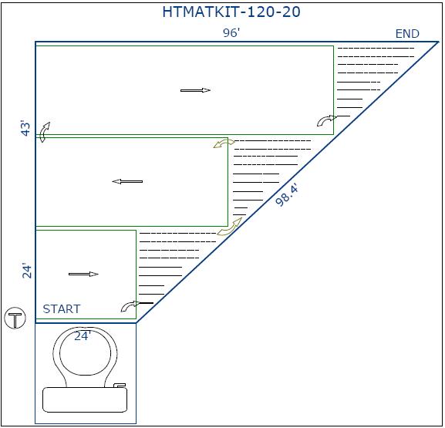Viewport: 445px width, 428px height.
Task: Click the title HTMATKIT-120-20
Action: (x=231, y=12)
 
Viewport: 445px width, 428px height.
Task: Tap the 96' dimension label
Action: (x=231, y=33)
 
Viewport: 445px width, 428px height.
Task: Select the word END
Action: (x=407, y=34)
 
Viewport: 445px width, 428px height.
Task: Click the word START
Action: (x=62, y=308)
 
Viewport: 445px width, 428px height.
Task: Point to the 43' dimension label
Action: (x=26, y=129)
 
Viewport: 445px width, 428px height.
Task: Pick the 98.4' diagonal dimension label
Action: (x=287, y=195)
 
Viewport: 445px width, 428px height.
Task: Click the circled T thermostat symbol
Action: (x=15, y=318)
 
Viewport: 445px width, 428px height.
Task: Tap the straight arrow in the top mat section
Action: (x=196, y=90)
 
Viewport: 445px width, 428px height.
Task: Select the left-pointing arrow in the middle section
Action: (x=127, y=182)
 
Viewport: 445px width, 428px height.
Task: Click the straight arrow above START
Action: (x=83, y=275)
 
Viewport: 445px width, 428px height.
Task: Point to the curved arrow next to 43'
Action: (x=44, y=132)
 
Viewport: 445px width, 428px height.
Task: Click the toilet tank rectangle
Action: (x=85, y=400)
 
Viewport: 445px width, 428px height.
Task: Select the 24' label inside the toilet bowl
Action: (x=83, y=336)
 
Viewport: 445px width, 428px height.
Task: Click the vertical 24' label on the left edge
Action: (x=27, y=271)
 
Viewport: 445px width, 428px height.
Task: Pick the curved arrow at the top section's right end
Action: (x=326, y=120)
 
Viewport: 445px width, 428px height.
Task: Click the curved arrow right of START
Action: (x=130, y=306)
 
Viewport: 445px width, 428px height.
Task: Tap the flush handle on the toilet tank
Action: (x=120, y=386)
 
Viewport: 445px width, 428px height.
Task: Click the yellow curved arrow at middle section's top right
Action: (x=224, y=143)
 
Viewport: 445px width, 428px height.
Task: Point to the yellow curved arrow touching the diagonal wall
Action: (x=230, y=227)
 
